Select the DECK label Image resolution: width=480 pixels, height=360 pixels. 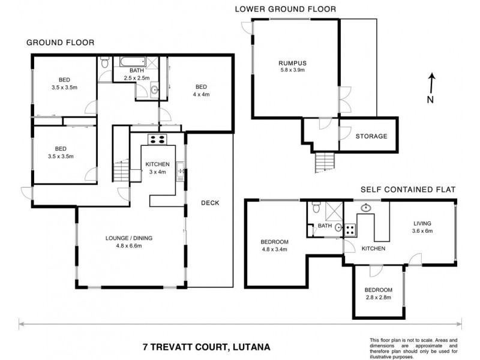(x=210, y=202)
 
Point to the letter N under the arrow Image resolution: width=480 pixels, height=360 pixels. (x=430, y=100)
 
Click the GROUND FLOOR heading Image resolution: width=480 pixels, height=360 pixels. (x=59, y=43)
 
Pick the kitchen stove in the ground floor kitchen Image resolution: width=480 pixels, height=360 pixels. (x=157, y=140)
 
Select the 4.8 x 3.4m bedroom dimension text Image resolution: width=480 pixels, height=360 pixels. (x=275, y=251)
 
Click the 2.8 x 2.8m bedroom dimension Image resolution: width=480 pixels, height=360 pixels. (x=378, y=298)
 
